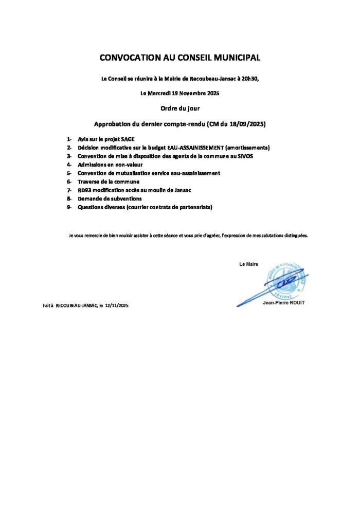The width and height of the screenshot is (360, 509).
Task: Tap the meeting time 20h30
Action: point(250,79)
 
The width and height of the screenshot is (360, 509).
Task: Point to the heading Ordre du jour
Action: point(180,108)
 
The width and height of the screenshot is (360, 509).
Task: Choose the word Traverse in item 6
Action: point(88,181)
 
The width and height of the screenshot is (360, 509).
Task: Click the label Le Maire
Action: point(249,264)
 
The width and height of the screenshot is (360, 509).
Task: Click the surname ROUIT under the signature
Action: point(295,303)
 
